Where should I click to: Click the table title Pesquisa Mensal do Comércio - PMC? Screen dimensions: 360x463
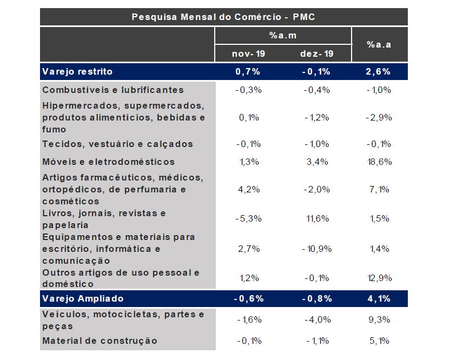point(223,17)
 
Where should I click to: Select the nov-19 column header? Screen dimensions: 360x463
point(248,54)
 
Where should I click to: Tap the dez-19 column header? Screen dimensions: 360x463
point(316,54)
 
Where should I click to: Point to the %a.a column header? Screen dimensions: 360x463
point(379,44)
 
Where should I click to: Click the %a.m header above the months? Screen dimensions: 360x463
point(283,35)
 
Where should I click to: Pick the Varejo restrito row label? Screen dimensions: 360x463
point(77,71)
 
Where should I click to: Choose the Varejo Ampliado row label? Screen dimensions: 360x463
point(83,298)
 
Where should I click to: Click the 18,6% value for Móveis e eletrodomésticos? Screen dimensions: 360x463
point(379,162)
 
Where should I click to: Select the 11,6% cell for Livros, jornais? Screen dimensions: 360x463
point(316,218)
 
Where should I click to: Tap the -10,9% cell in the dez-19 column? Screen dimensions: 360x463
point(316,249)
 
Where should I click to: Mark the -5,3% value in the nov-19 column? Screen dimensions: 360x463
point(248,218)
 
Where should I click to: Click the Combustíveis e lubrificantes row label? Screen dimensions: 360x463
point(113,90)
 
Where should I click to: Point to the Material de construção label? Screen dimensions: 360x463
point(100,341)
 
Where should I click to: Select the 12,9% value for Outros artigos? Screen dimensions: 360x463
point(379,278)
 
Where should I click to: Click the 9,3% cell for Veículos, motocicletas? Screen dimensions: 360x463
point(379,320)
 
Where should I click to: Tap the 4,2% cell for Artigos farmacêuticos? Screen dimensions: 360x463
point(248,189)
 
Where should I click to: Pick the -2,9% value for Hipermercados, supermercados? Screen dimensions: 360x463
point(379,117)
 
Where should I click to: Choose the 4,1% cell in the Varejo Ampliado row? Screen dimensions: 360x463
point(379,298)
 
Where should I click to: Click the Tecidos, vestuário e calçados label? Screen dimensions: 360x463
point(117,144)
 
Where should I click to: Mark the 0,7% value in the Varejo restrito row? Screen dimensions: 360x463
point(248,71)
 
